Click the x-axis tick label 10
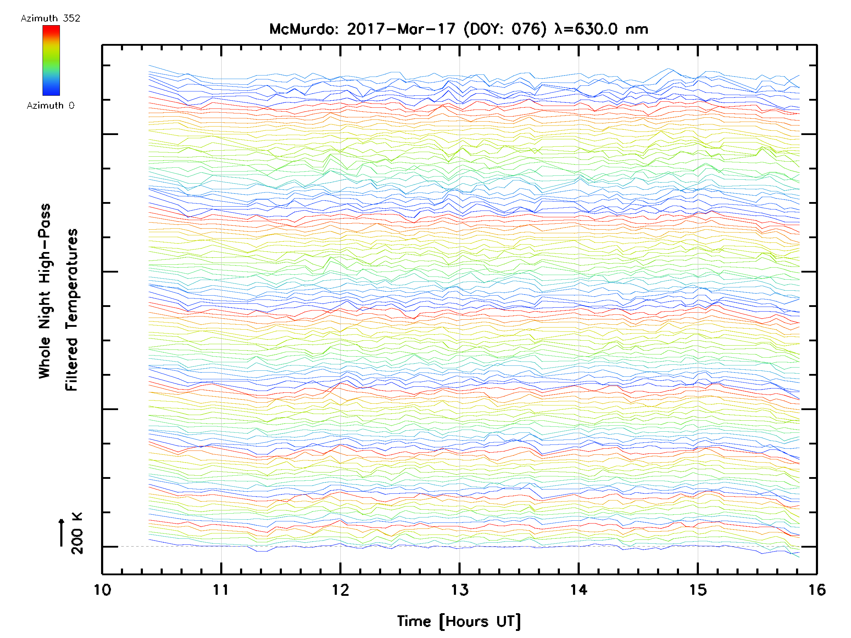102,590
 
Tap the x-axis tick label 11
221,590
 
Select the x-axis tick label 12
340,590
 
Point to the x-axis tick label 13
460,590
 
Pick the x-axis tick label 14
579,590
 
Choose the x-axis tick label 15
698,590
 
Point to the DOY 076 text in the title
505,29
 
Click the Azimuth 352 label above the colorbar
50,18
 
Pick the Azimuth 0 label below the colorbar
50,105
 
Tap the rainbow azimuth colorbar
51,60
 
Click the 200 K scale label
77,533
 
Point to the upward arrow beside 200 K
62,532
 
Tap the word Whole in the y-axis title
45,358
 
